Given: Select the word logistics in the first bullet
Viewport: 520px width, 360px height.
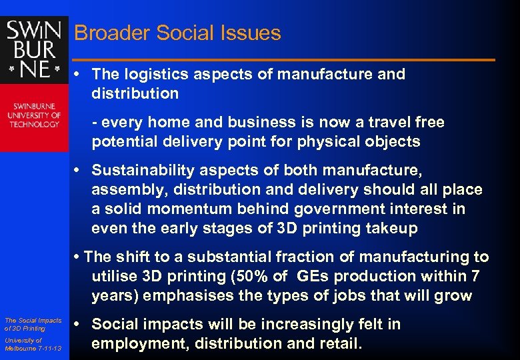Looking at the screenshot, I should pyautogui.click(x=153, y=74).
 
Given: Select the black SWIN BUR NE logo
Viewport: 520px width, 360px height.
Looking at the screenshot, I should pyautogui.click(x=34, y=50).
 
